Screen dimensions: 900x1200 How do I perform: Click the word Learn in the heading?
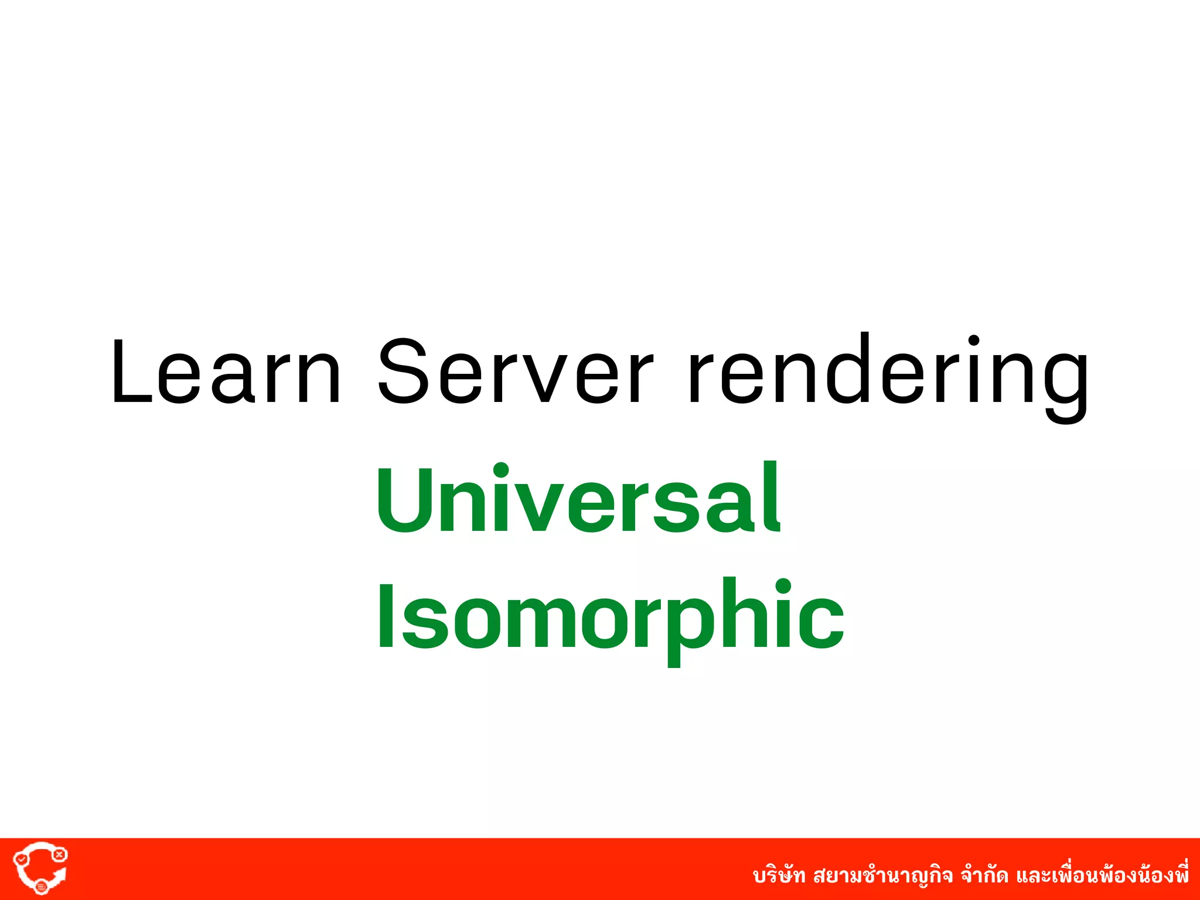(x=226, y=371)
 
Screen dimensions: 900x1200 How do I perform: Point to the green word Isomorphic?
(x=609, y=615)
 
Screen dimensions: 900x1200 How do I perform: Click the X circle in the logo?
(x=59, y=855)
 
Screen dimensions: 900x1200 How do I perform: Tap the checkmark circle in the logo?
(x=22, y=859)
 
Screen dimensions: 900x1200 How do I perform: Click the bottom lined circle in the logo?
(x=41, y=887)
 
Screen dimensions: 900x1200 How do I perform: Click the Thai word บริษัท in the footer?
(x=779, y=876)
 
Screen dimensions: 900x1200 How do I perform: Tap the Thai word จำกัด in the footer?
(x=984, y=876)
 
